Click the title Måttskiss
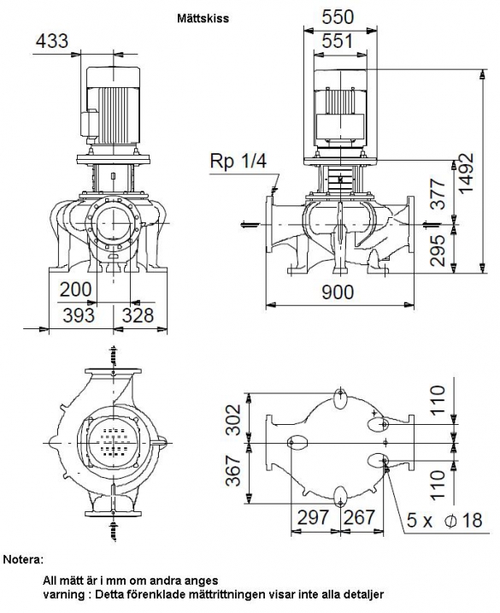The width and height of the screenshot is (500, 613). click(203, 18)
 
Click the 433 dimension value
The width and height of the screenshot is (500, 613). click(52, 41)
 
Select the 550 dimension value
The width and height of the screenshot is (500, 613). click(338, 17)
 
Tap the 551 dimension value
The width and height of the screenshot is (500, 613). click(337, 41)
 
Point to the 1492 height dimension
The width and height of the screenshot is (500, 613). click(467, 173)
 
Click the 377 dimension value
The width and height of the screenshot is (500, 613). click(438, 194)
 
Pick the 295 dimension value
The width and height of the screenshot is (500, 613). click(438, 251)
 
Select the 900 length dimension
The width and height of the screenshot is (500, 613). click(338, 292)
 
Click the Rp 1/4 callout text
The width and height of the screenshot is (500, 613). click(238, 161)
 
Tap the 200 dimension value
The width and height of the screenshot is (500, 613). click(76, 290)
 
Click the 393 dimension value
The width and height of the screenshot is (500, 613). click(79, 315)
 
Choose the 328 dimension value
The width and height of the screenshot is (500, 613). click(138, 315)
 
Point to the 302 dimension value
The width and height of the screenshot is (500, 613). click(234, 420)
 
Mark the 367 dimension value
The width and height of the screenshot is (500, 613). click(234, 470)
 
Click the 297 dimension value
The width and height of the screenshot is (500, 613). click(314, 517)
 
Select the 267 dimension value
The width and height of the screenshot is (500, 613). click(359, 517)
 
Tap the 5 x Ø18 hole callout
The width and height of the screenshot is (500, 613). click(444, 521)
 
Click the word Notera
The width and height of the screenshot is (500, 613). click(23, 559)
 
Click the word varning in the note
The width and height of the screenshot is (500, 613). click(63, 595)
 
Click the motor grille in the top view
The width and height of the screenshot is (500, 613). click(114, 442)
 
